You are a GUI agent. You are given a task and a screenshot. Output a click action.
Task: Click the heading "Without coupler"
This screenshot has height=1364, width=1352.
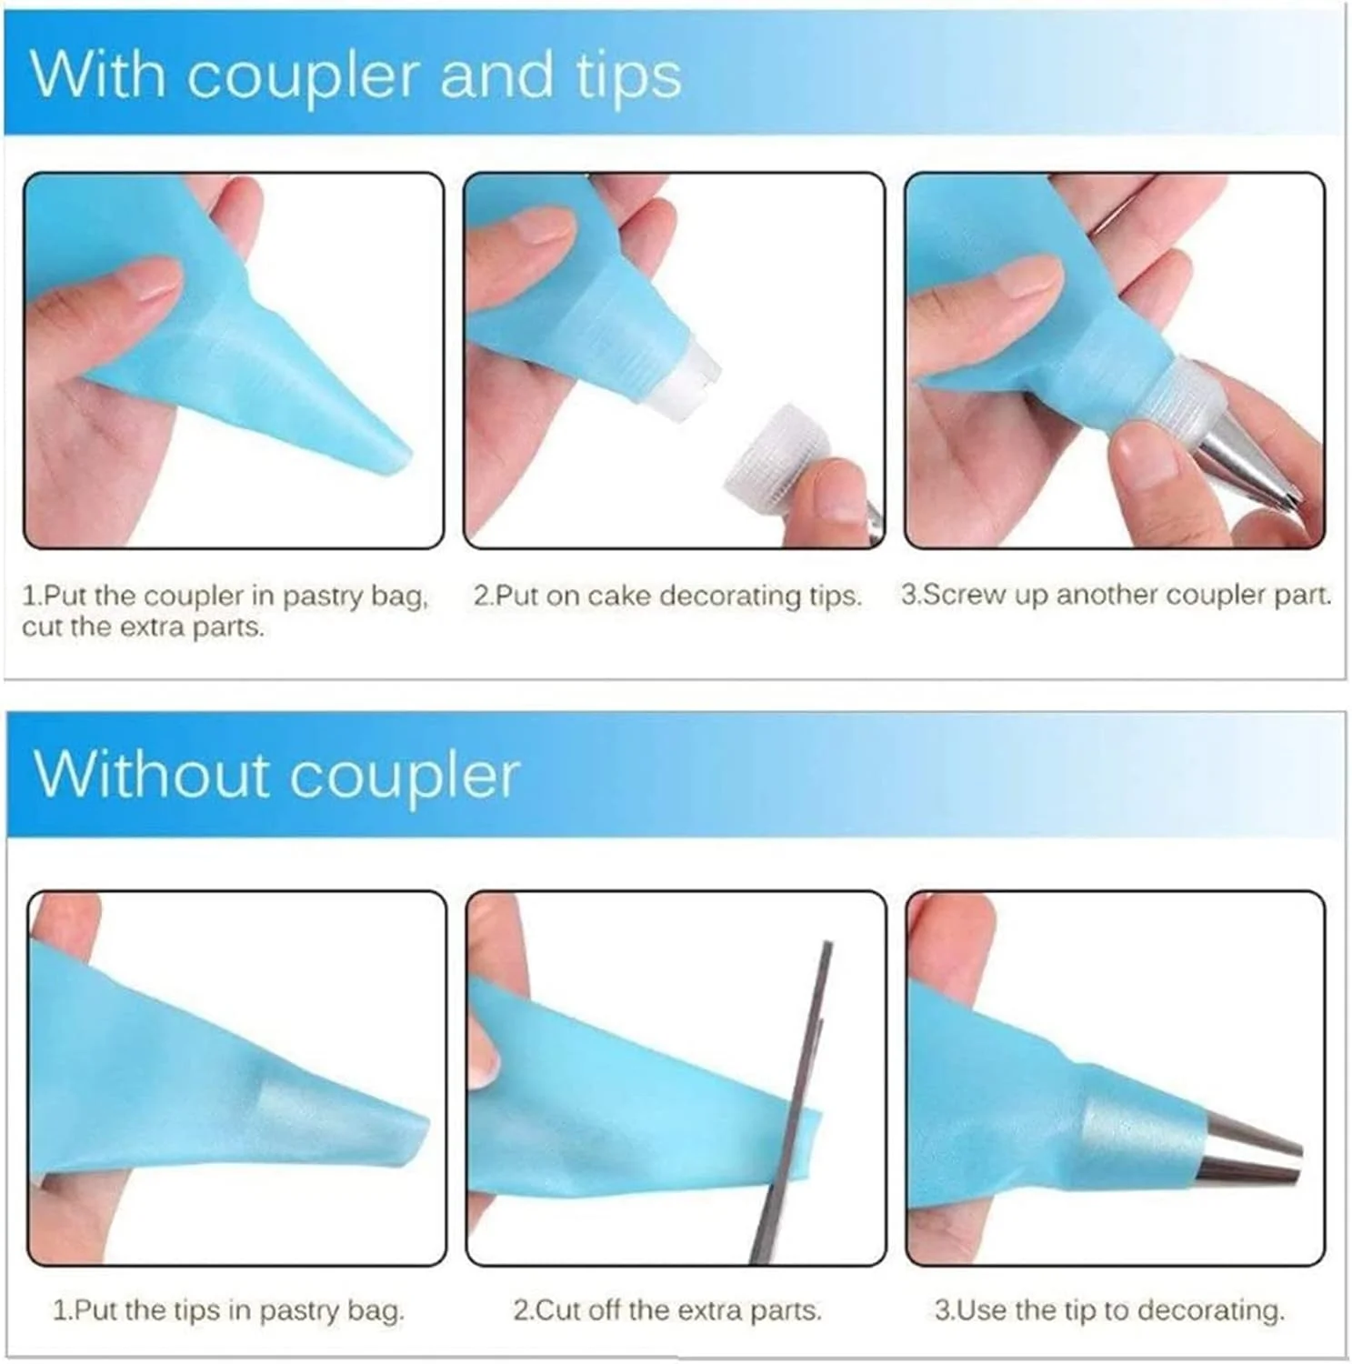click(276, 775)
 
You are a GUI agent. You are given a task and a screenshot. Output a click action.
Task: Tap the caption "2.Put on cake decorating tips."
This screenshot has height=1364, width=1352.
click(667, 596)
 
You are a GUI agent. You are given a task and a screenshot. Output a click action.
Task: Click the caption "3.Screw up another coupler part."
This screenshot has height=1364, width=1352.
click(1116, 595)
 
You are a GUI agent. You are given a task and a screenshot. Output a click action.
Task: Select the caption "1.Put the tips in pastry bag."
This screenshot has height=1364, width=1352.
click(228, 1310)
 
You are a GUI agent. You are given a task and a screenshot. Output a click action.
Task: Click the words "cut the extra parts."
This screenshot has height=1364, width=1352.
click(143, 627)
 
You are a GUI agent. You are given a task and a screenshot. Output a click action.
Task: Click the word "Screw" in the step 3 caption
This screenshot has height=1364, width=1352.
click(956, 595)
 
